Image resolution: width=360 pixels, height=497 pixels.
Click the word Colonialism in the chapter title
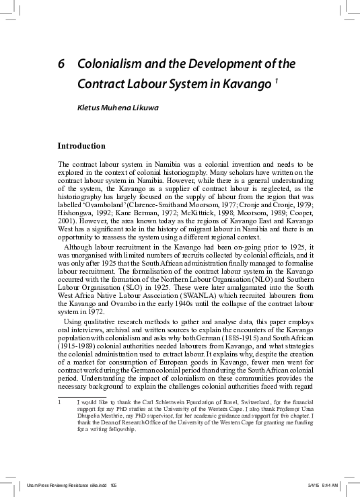coord(107,65)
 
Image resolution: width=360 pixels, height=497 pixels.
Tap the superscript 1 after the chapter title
coord(276,82)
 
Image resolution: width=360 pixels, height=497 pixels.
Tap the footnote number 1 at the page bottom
coord(60,402)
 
